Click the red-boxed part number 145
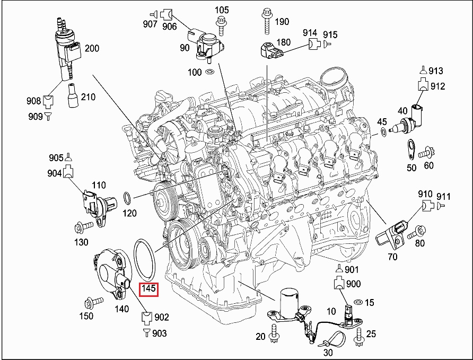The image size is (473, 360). coord(148,289)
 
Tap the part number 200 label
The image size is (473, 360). coord(92,49)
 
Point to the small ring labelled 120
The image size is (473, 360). coord(128,198)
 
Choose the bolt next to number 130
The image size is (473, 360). coord(81,227)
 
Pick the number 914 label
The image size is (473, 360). coord(310,32)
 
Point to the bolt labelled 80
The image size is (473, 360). coord(418,231)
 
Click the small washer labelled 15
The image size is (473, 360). coord(357,302)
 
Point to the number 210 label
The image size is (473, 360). coord(88,97)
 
